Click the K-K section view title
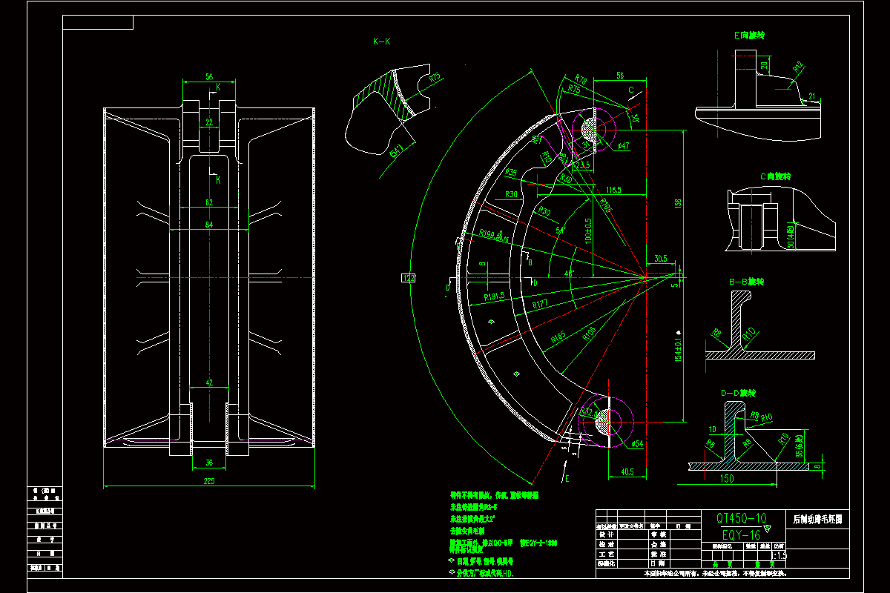pyautogui.click(x=381, y=42)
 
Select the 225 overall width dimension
pyautogui.click(x=208, y=481)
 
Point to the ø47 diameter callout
pyautogui.click(x=623, y=146)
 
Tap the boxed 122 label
pyautogui.click(x=408, y=277)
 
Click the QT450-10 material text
pyautogui.click(x=741, y=518)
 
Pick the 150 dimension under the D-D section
pyautogui.click(x=728, y=479)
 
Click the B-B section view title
pyautogui.click(x=746, y=282)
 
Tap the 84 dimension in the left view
pyautogui.click(x=208, y=225)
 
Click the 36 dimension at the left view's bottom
pyautogui.click(x=208, y=463)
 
